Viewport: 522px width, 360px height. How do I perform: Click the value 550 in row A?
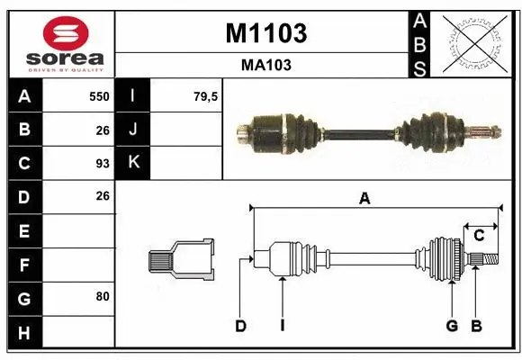[99, 96]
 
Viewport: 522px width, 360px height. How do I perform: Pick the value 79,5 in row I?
[206, 96]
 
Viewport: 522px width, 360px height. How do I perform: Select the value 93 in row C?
[103, 164]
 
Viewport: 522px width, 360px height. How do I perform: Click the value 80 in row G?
[103, 295]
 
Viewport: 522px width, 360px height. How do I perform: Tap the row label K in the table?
[133, 163]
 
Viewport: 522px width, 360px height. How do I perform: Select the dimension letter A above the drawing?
[364, 200]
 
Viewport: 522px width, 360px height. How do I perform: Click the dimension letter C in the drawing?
[479, 236]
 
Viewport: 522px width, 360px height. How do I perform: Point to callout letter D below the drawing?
[240, 326]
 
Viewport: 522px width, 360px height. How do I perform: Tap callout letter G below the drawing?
[452, 326]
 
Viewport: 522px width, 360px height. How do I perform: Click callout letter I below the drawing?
[282, 326]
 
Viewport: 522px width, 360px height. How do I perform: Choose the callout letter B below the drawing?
[477, 326]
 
